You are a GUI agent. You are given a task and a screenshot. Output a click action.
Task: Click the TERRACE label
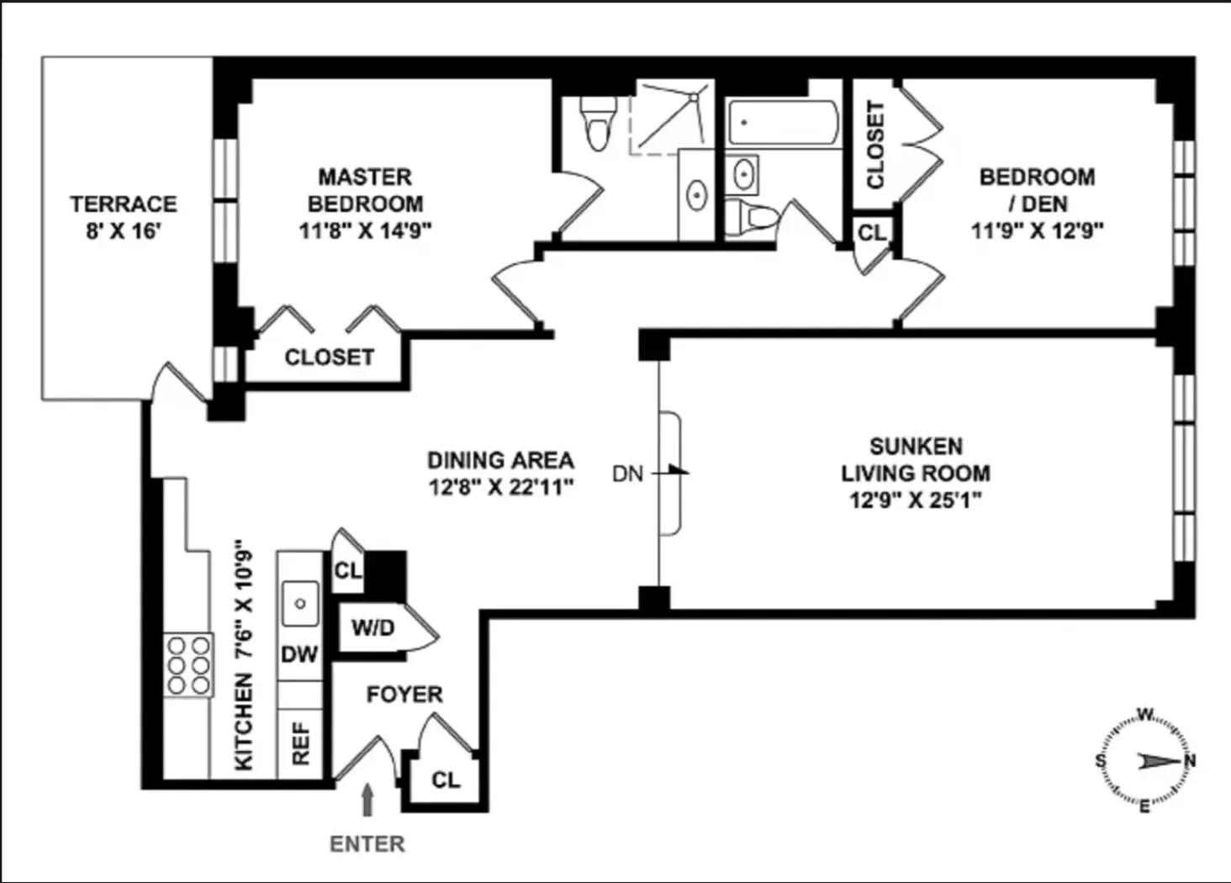coord(123,204)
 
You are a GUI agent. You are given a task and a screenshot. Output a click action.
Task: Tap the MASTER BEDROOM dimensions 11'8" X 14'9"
coord(365,230)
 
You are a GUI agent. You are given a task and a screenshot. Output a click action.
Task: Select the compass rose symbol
coord(1144,761)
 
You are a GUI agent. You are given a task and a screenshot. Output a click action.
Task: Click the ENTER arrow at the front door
coord(367,800)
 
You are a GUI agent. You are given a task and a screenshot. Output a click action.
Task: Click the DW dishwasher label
coord(299,654)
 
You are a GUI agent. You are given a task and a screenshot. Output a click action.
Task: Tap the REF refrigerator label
coord(300,743)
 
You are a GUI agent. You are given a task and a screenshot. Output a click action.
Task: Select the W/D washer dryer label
coord(372,628)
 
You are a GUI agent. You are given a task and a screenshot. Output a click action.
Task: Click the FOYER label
coord(404,695)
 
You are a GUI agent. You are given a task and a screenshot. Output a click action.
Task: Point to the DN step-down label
coord(627,474)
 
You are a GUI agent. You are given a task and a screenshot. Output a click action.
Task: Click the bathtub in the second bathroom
coord(782,124)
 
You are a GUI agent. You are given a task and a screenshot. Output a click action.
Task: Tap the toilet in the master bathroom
coord(598,124)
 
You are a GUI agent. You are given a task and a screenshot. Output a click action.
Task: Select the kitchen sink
coord(299,603)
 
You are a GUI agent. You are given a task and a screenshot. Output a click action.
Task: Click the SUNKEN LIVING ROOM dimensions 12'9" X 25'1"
coord(916,500)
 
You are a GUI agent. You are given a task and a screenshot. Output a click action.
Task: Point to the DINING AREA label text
coord(500,461)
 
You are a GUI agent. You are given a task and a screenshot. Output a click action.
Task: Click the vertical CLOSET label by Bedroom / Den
coord(875,145)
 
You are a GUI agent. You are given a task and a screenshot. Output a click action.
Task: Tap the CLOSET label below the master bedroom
coord(329,357)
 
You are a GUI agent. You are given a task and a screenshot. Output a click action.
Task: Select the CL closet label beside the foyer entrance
coord(446,780)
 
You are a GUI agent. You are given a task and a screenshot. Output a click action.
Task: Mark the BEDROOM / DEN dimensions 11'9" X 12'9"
coord(1037,230)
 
